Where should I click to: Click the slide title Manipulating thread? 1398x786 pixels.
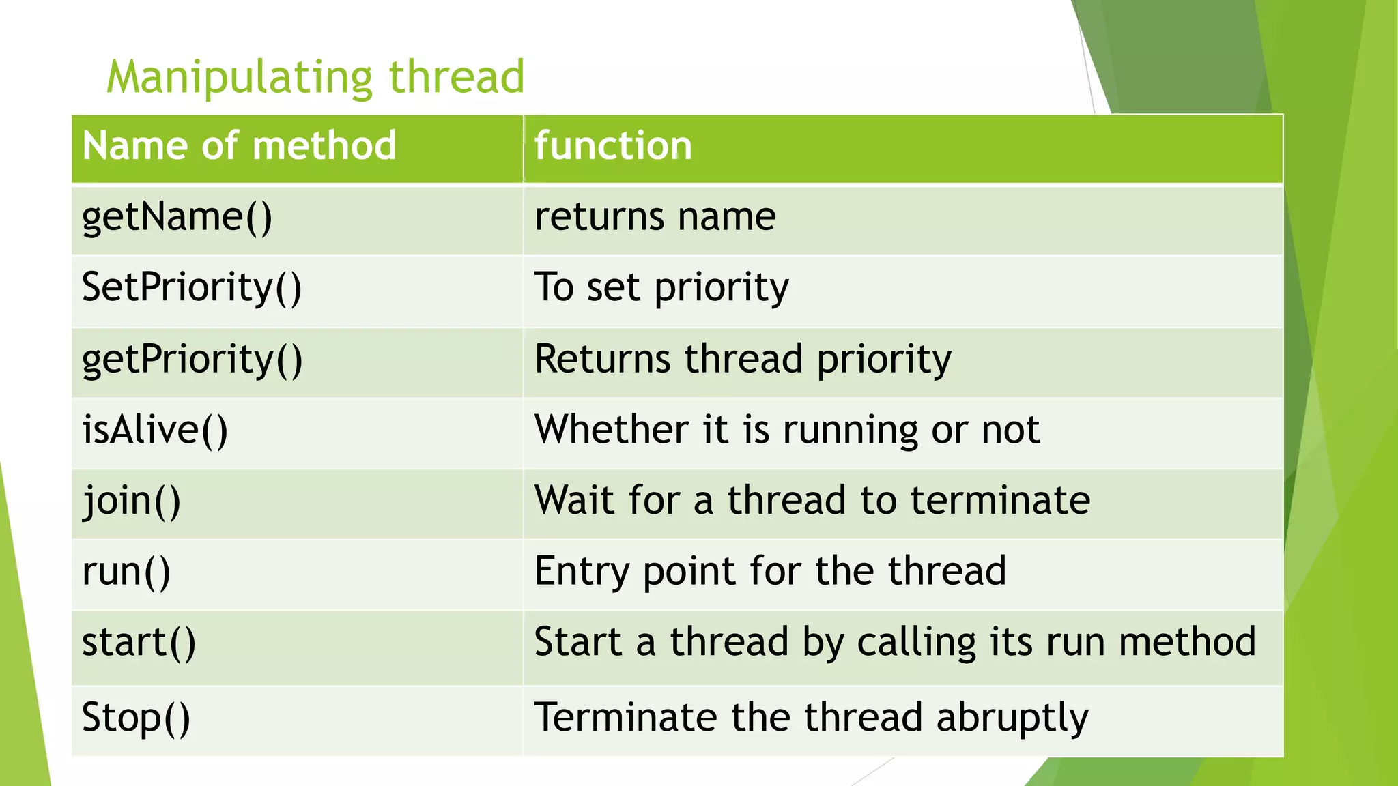315,76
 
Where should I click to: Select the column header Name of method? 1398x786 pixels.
239,145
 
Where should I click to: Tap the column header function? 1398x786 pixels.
613,145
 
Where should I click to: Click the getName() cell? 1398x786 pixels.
177,218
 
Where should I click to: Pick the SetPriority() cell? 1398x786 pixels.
191,288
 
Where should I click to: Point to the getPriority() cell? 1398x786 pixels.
192,360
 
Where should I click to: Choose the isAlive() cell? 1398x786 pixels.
155,431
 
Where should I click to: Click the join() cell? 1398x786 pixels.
132,501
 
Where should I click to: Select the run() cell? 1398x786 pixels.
126,572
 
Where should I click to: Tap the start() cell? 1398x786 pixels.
139,643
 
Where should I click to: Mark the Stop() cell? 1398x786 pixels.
136,718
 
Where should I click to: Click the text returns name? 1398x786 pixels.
655,218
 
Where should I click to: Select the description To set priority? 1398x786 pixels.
661,288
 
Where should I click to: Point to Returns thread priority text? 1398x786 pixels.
742,360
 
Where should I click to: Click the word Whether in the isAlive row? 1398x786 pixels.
611,430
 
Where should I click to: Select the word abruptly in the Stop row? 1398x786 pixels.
1012,718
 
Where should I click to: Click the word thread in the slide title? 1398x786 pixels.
457,76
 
